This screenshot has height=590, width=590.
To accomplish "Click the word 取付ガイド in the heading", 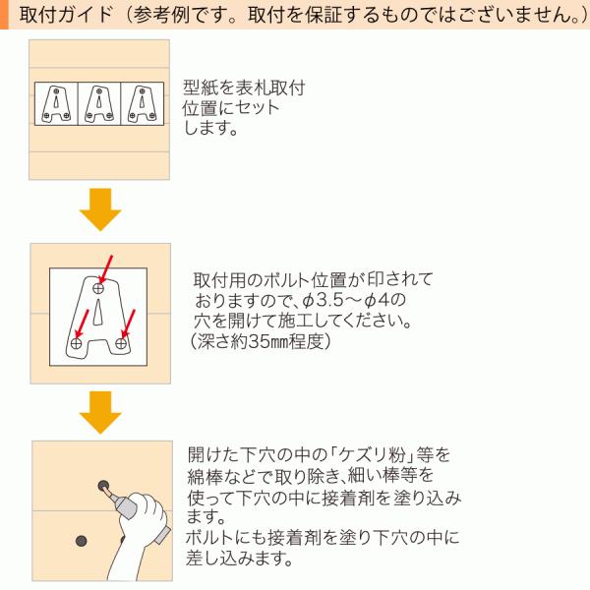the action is pos(66,15).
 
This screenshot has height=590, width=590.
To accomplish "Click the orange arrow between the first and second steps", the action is pos(100,209).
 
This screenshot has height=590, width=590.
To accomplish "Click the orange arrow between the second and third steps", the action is pos(100,412).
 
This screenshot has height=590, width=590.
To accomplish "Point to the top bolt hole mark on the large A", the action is pos(98,288).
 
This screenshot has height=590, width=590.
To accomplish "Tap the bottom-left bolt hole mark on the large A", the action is pos(77,343).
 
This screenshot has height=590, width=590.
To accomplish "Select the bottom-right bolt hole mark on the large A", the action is pos(120,343).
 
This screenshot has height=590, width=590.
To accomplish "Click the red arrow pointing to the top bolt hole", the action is pos(106,270).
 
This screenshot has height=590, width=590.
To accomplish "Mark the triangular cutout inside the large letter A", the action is pos(97,312).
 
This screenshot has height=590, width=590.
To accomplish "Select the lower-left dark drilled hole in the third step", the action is pos(81,541).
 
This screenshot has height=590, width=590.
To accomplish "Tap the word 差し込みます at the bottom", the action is pos(239,558).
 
